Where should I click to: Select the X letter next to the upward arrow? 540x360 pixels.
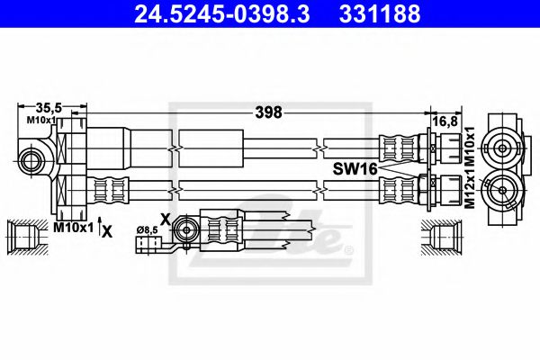(108, 230)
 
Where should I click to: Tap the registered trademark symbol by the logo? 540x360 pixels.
(349, 248)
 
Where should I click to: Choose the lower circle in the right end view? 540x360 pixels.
(502, 189)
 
